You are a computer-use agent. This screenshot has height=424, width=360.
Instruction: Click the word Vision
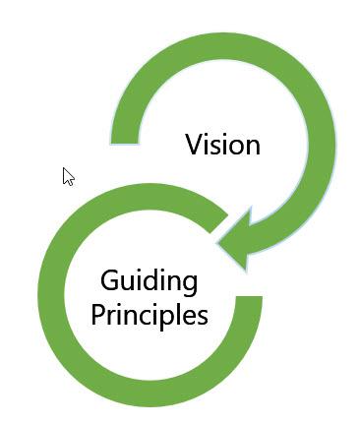click(x=223, y=146)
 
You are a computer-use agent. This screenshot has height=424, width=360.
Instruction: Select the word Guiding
click(x=150, y=283)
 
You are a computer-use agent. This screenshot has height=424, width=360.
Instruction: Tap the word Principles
click(x=150, y=316)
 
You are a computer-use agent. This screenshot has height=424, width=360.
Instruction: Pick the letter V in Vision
click(x=195, y=146)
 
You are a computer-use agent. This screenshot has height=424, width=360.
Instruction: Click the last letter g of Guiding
click(x=190, y=285)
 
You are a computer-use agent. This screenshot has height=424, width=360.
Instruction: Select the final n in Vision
click(x=252, y=147)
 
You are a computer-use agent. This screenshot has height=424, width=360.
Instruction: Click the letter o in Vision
click(x=237, y=147)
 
